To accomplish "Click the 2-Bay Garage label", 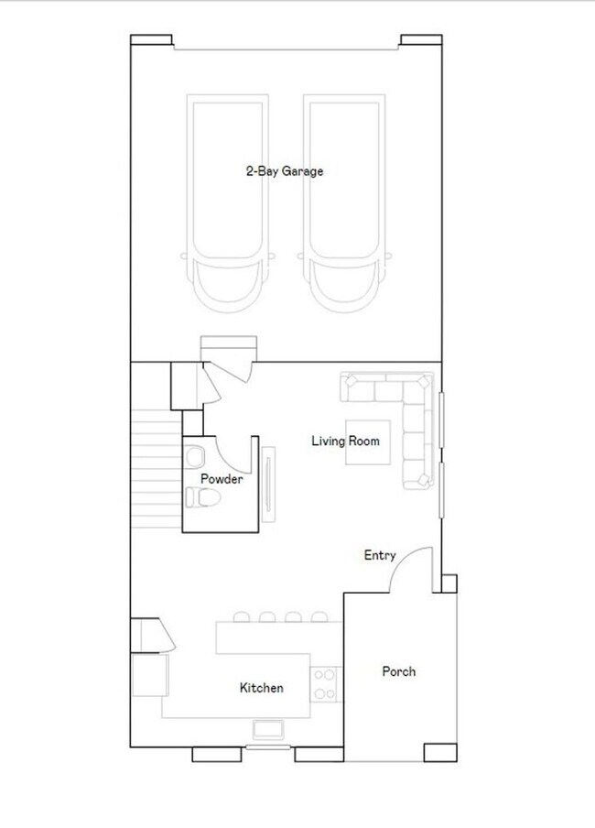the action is (x=285, y=171).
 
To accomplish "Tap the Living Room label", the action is (x=345, y=441).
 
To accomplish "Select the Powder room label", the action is (x=222, y=479).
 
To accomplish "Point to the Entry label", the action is (x=380, y=556).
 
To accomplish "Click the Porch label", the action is (x=398, y=671).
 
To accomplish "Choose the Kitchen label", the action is (x=261, y=688).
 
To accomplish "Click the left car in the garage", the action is (x=228, y=203).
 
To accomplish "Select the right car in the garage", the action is (x=344, y=203).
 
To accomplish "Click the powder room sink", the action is (x=195, y=456).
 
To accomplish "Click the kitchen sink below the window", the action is (x=268, y=729).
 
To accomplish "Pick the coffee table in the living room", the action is (x=368, y=442).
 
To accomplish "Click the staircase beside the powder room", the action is (x=157, y=468).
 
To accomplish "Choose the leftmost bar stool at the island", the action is (x=242, y=616).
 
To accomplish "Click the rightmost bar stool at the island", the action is (x=319, y=616).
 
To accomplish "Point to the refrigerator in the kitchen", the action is (x=150, y=675).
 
